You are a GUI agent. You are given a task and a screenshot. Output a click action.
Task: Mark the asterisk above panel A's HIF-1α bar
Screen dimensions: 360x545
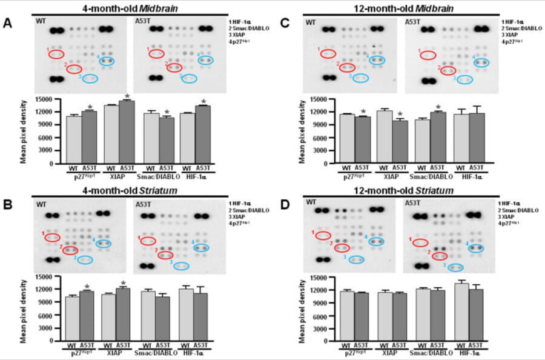click(x=203, y=102)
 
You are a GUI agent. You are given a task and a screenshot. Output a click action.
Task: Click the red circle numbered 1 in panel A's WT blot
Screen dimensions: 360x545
click(x=56, y=54)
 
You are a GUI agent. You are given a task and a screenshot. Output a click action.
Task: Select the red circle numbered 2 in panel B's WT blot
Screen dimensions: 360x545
click(x=69, y=250)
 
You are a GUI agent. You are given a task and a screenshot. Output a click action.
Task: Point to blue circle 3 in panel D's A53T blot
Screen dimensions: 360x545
click(x=456, y=267)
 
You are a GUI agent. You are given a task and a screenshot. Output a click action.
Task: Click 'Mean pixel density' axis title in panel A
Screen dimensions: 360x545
click(x=23, y=131)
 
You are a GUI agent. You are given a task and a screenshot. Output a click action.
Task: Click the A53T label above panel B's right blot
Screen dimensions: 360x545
click(x=143, y=204)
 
